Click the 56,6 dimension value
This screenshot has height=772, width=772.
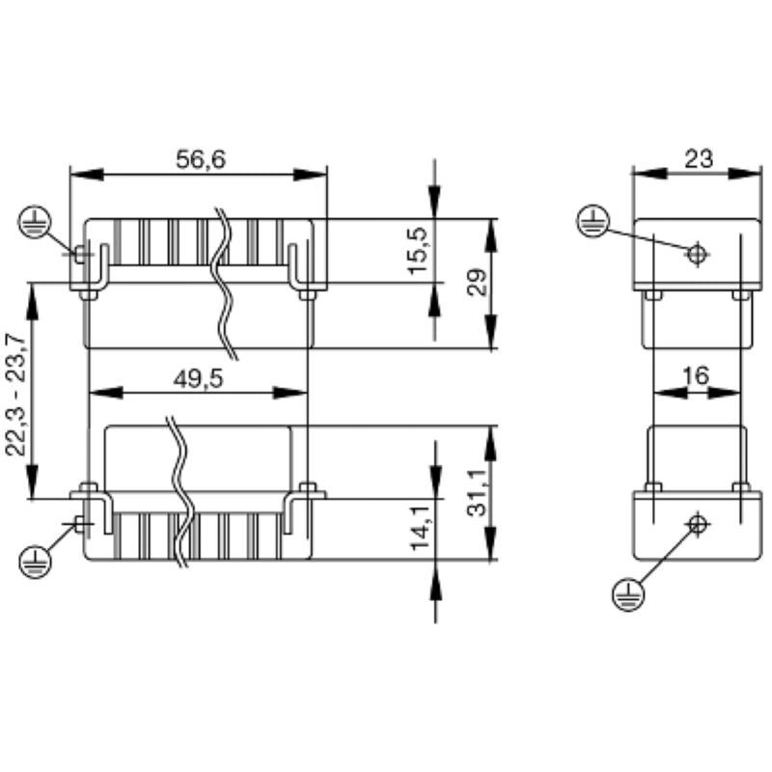point(200,159)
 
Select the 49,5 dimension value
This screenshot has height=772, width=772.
point(199,378)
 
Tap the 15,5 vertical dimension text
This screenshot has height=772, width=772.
point(418,250)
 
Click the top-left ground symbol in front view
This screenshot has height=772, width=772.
point(34,224)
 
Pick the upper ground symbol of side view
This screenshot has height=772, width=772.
point(593,222)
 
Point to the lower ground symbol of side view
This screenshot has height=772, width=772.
point(627,594)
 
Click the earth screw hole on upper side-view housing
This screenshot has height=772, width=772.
point(696,254)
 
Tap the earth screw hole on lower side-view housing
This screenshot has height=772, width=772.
point(696,524)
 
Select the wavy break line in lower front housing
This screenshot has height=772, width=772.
point(179,492)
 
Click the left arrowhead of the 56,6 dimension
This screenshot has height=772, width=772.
point(86,175)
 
